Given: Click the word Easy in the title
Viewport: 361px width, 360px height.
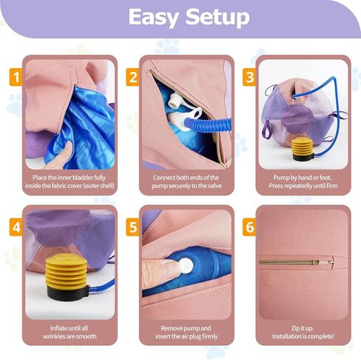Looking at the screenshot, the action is point(153,17).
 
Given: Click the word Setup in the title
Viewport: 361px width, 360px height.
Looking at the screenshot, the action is point(217,17).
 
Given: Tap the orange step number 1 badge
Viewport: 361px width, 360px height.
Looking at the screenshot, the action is point(16,77).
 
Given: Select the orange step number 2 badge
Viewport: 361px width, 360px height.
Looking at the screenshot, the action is point(132,77).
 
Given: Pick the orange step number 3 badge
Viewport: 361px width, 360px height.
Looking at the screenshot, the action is point(249,77).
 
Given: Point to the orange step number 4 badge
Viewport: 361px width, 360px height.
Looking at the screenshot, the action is point(16,227).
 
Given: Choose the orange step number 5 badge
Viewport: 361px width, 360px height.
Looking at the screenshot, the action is point(132,227).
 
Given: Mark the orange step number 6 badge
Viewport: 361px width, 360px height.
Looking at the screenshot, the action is point(249,227).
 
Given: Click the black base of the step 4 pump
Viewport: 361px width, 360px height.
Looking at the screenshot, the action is point(67,293).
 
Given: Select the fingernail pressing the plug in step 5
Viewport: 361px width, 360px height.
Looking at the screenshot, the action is point(171,266).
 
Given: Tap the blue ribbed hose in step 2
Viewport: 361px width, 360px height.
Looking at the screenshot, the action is point(208,123).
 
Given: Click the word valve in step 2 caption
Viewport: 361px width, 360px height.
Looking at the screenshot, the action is point(215,186).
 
